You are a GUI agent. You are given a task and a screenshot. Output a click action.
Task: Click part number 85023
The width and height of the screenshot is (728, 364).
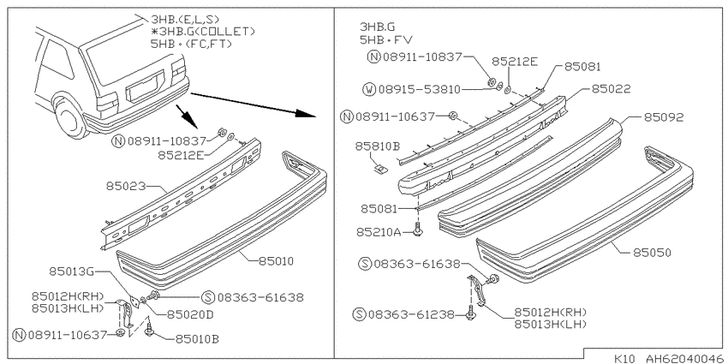[126, 186]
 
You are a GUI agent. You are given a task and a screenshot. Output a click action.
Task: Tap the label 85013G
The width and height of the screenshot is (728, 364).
[70, 272]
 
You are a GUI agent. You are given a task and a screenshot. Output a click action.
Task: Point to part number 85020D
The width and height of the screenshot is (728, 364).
[189, 314]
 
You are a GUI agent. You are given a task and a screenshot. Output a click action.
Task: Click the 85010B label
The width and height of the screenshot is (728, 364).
[196, 339]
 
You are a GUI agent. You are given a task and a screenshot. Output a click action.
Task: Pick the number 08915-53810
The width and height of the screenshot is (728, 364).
[419, 89]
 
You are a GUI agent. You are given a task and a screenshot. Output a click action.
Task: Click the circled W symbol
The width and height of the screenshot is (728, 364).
[369, 89]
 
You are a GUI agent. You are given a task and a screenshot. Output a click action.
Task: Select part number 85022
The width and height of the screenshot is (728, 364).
[611, 89]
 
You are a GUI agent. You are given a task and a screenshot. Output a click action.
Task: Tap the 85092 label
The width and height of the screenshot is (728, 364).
[664, 117]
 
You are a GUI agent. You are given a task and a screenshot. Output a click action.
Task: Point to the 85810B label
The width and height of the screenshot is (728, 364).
[378, 146]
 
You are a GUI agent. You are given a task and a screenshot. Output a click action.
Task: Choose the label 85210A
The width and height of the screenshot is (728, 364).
[378, 231]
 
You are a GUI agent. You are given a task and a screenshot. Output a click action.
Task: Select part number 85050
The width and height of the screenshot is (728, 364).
[652, 253]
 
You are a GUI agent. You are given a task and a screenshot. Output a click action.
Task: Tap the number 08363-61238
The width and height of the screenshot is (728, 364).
[410, 314]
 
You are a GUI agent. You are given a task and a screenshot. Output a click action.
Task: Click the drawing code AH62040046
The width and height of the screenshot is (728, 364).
[682, 358]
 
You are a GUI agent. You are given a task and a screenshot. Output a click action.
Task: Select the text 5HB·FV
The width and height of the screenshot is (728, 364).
[385, 40]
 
